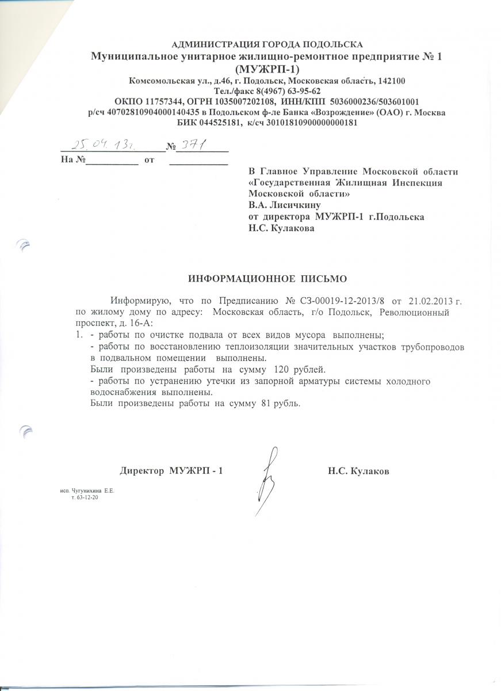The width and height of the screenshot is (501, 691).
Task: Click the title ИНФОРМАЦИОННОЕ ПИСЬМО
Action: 268,279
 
